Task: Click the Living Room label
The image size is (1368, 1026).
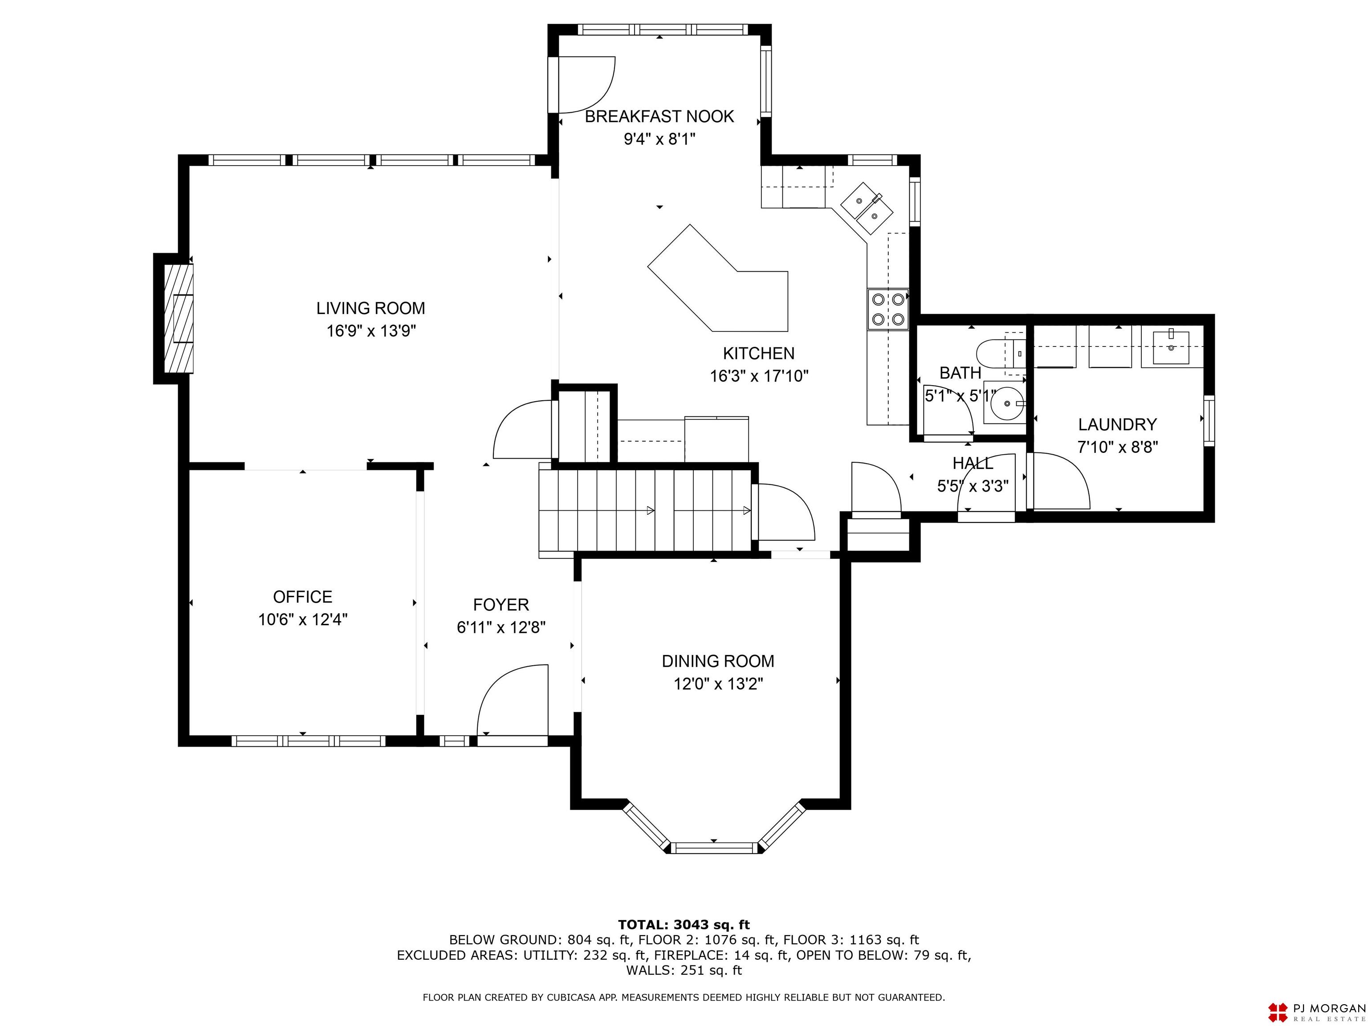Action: [x=370, y=308]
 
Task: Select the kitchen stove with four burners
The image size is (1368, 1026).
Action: [x=888, y=309]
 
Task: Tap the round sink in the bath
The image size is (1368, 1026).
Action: [x=1007, y=403]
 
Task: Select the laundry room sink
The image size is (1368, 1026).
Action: [x=1171, y=347]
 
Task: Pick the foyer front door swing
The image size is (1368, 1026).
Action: [x=513, y=700]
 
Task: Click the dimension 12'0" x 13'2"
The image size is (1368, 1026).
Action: [x=718, y=684]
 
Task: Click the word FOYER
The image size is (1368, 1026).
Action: [x=501, y=605]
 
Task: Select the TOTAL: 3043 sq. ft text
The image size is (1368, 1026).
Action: [x=684, y=924]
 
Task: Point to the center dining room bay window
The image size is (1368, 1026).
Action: [x=714, y=848]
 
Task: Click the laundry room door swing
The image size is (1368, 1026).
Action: [x=1059, y=481]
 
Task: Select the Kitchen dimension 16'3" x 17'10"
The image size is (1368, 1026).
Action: [x=759, y=376]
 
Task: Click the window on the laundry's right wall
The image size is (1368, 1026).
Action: [x=1209, y=420]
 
